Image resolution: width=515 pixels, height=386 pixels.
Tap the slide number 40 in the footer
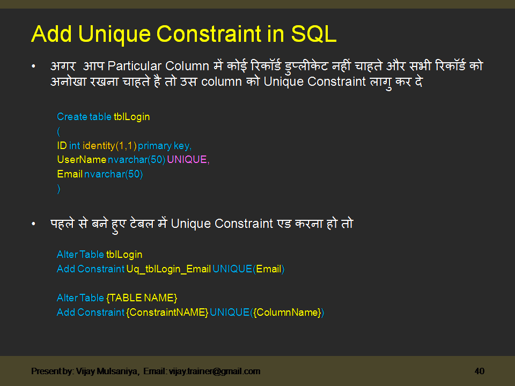click(480, 371)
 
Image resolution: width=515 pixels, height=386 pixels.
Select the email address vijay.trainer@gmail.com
click(215, 371)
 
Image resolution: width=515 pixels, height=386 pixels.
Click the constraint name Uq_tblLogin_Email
click(168, 269)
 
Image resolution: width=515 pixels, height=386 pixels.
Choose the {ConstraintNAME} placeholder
click(167, 312)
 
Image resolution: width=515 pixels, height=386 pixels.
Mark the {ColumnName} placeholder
click(287, 312)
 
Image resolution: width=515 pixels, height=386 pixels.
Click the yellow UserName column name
click(82, 160)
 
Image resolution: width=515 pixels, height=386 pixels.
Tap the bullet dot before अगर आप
click(34, 67)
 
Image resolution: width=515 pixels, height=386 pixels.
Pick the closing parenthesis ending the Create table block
click(58, 189)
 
